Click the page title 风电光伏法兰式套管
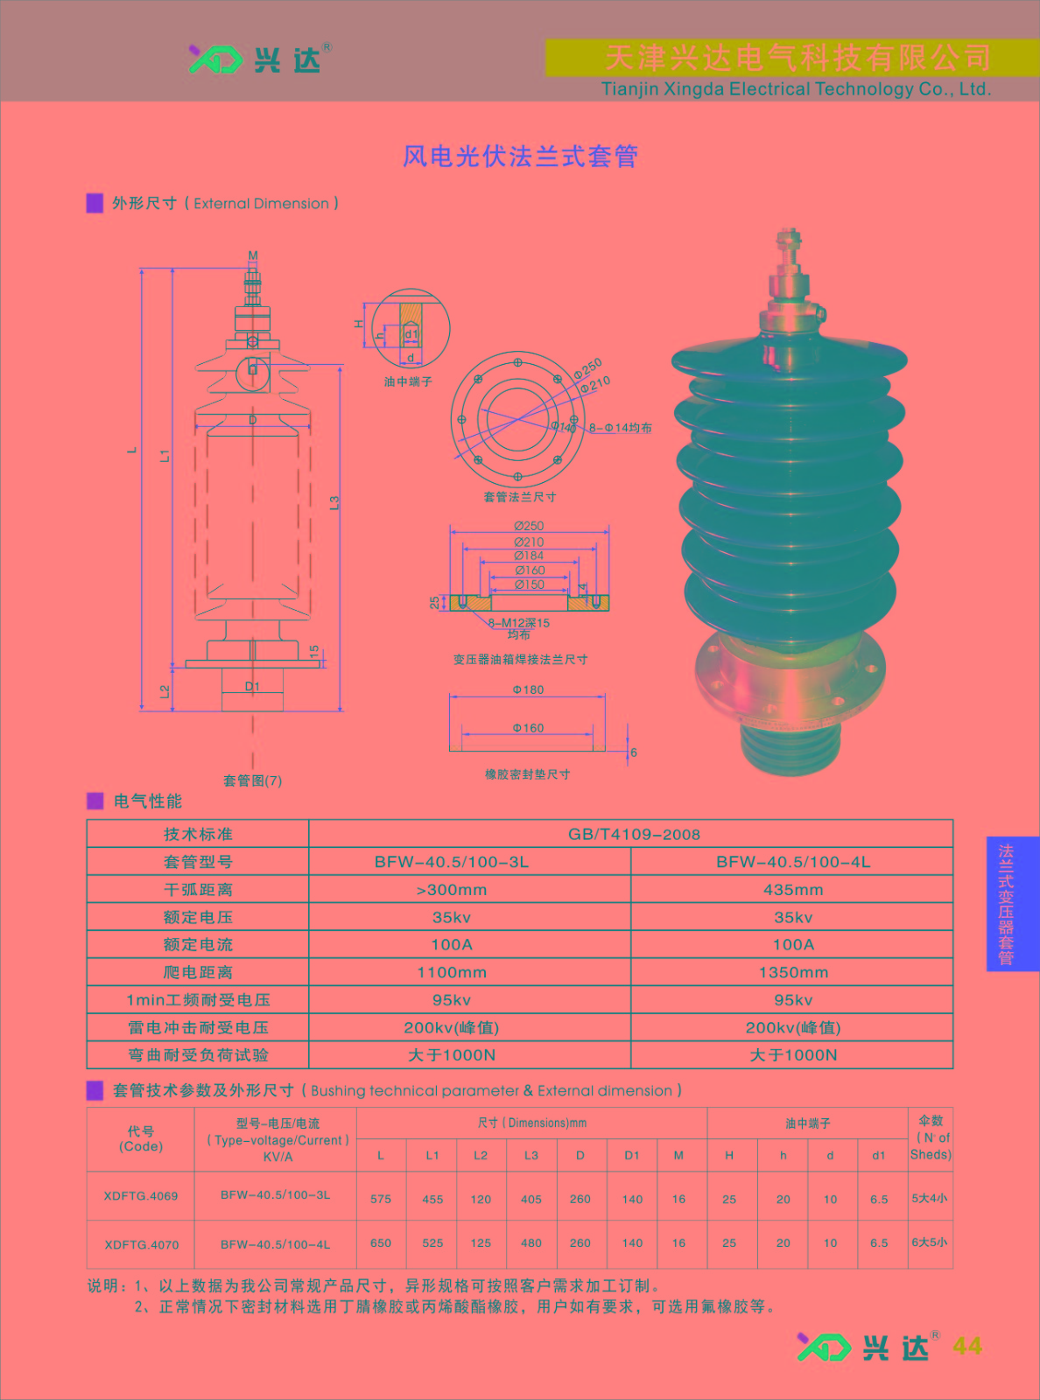[520, 156]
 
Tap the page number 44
[967, 1347]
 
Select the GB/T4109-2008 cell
[634, 835]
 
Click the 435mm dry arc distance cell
[793, 889]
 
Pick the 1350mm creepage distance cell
[793, 972]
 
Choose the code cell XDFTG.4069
[141, 1196]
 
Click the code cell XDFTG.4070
[142, 1245]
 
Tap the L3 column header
[531, 1156]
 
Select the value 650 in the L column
[381, 1242]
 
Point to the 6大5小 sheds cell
[930, 1242]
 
